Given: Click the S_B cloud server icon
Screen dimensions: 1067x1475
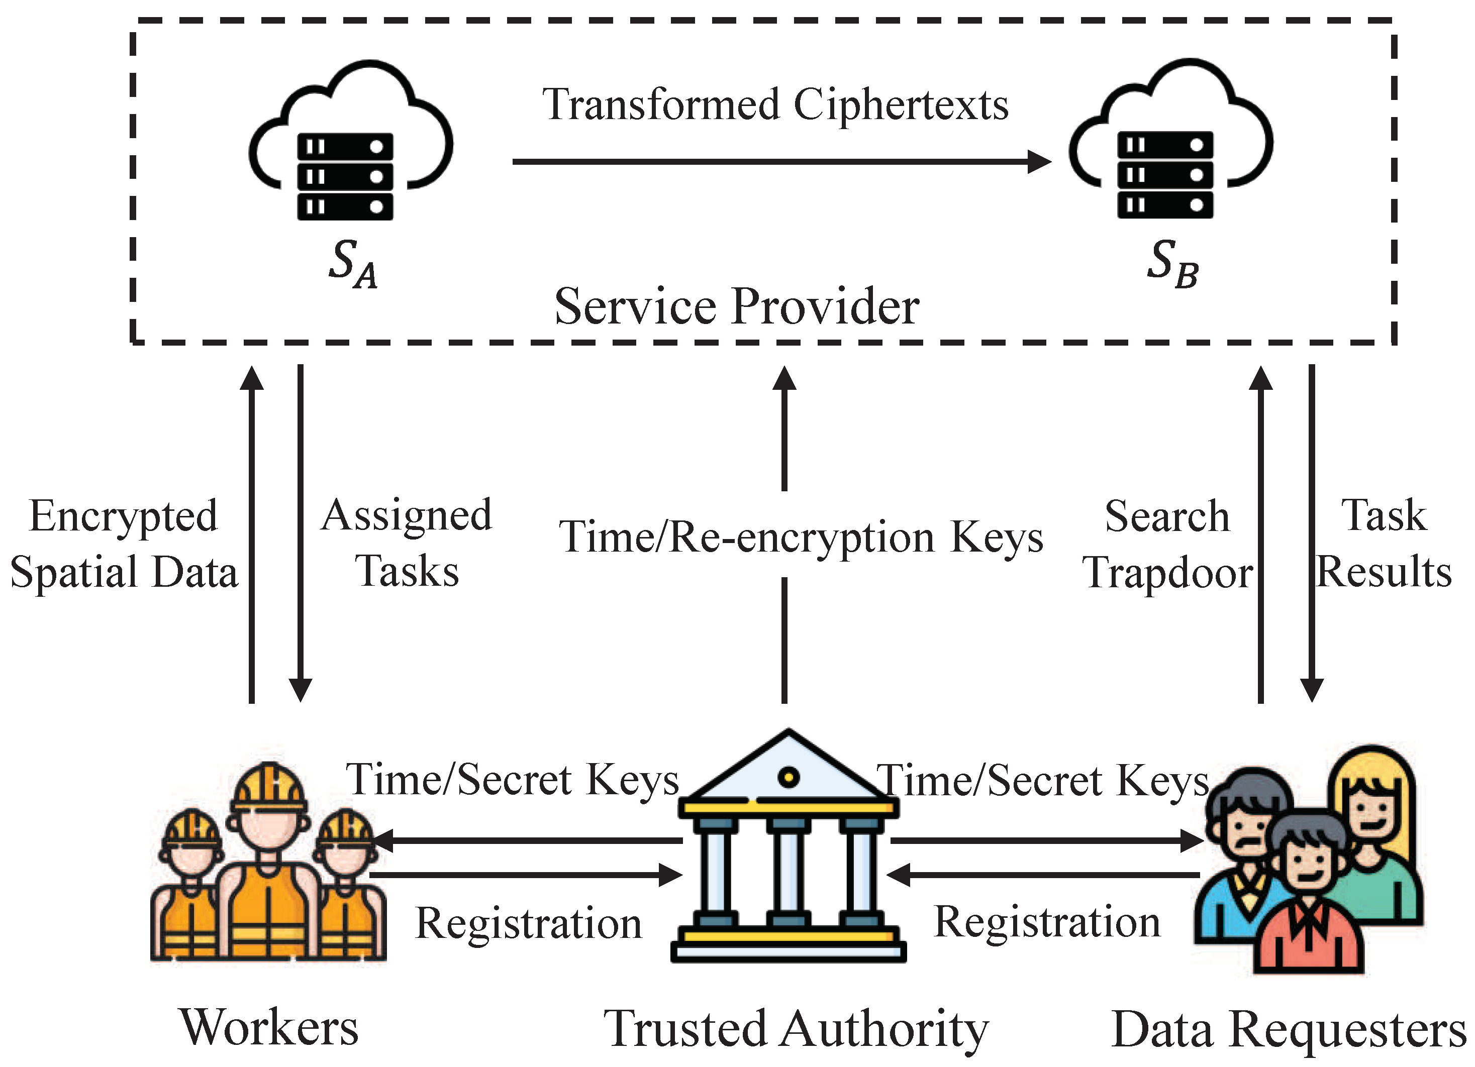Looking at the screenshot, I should tap(1170, 142).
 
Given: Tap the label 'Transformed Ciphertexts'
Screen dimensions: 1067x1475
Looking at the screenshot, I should tap(775, 105).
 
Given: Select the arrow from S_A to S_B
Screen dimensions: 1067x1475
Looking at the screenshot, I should tap(780, 161).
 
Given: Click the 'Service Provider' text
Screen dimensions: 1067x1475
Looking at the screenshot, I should tap(736, 307).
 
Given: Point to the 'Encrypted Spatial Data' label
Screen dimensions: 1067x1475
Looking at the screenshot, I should tap(124, 544).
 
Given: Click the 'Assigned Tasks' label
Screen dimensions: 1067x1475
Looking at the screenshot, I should tap(407, 544).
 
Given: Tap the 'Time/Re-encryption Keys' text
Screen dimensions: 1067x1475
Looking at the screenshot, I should tap(801, 537).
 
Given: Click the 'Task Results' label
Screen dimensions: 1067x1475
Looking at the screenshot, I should tap(1384, 544).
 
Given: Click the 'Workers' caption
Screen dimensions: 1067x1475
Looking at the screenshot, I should tap(268, 1027).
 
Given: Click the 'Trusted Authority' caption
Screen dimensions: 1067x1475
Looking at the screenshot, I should tap(796, 1029).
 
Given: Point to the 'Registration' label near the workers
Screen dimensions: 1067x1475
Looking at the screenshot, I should tap(528, 923).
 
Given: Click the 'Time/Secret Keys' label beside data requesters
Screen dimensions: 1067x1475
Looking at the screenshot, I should tap(1042, 780).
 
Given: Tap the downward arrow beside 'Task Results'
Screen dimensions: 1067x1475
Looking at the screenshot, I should tap(1312, 533).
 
